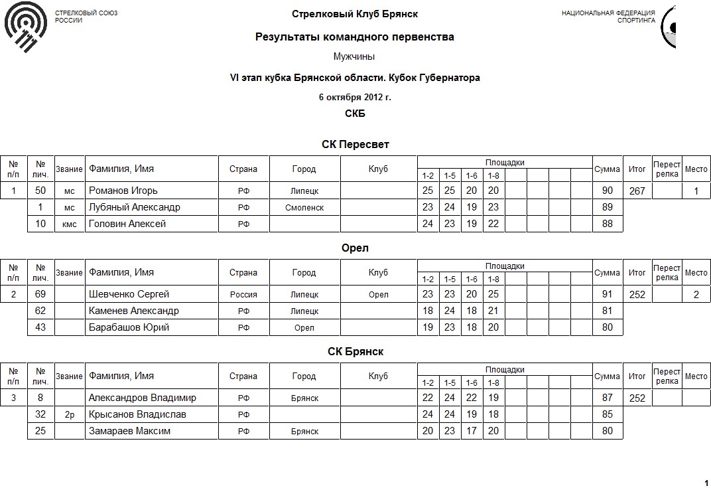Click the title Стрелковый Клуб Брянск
point(355,14)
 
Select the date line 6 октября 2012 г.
point(355,97)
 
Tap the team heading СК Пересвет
point(355,144)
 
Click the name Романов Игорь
point(123,191)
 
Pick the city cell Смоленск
point(304,207)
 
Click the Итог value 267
point(637,191)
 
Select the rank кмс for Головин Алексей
point(70,224)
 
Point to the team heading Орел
point(355,248)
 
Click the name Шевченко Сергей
point(129,294)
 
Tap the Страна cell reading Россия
point(243,294)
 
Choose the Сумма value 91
point(607,294)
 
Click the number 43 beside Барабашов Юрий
point(40,327)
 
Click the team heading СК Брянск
point(355,351)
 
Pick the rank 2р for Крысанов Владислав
point(70,414)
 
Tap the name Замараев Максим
point(129,431)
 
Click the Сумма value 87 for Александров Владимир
point(607,398)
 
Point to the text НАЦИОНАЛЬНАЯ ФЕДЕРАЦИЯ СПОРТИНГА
point(608,17)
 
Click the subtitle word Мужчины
point(355,56)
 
